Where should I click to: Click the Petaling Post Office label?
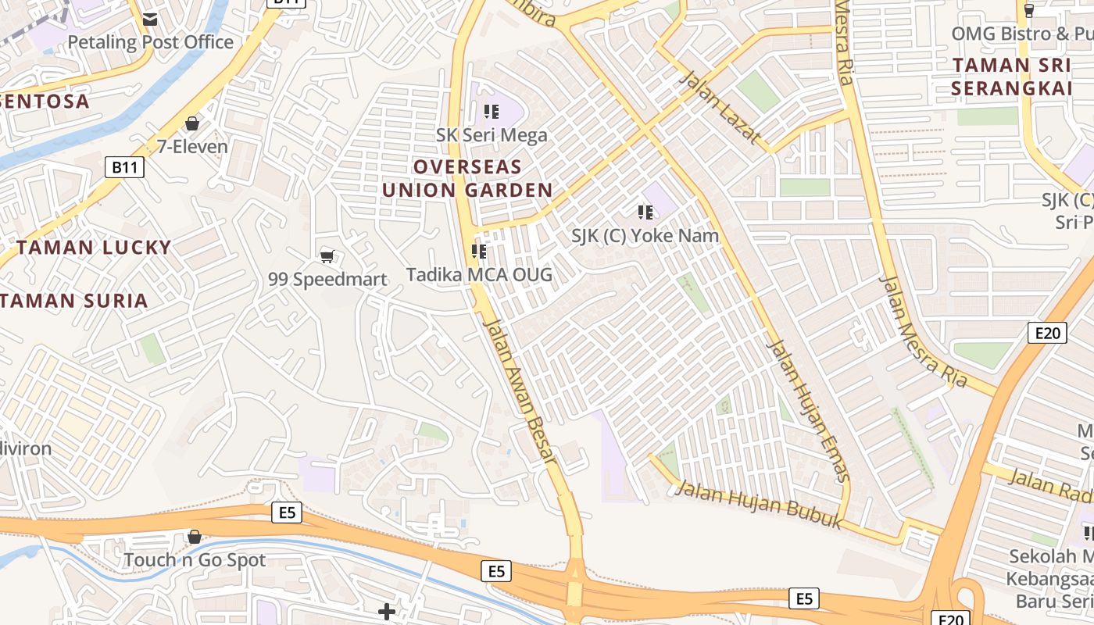pos(151,42)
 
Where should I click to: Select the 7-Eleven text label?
pos(192,146)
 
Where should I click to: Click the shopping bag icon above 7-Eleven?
pos(192,123)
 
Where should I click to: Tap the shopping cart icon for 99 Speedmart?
pos(327,256)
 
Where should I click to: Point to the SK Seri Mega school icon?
pos(492,112)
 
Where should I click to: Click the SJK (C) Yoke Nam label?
pos(645,235)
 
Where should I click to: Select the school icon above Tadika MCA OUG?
pos(479,252)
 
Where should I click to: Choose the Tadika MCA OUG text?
pos(479,274)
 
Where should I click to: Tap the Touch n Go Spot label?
pos(195,560)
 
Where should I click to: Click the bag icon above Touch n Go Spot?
pos(195,537)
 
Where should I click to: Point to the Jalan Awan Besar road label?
pos(520,391)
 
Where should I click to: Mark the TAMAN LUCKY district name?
pos(94,248)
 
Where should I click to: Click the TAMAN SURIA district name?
pos(75,301)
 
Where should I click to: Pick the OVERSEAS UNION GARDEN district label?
pos(467,178)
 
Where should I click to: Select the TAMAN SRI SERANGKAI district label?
pos(1012,77)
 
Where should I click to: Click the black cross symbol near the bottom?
pos(386,611)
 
